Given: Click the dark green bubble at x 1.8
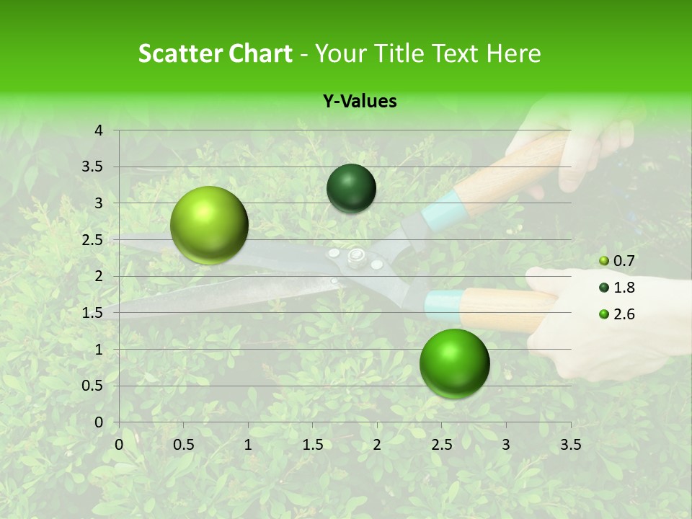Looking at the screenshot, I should (x=351, y=188).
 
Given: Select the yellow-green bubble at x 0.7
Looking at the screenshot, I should (x=209, y=225).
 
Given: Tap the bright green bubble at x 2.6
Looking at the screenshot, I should (x=454, y=363).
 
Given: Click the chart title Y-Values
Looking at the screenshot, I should (x=359, y=102).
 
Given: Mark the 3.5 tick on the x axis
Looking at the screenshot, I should (x=570, y=445).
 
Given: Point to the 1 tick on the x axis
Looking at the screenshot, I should (x=248, y=445).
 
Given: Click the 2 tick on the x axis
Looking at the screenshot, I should (x=377, y=445).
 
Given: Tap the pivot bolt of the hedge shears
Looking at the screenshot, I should (x=355, y=256).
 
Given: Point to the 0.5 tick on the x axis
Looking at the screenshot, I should (x=183, y=445).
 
